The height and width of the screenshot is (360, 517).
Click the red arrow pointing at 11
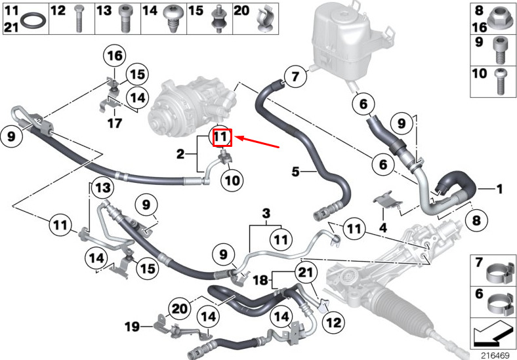coord(258,142)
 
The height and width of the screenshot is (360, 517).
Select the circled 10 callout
coord(232,180)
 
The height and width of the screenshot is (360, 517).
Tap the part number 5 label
coord(295,171)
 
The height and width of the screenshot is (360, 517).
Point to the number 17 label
coord(115,123)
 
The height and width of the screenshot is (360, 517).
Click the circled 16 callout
coord(115,56)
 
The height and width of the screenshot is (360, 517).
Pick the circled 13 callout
coord(102,188)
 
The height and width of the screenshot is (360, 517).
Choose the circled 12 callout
coord(333,322)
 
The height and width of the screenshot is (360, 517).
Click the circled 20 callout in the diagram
coord(180,309)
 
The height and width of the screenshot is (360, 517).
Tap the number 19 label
coord(132,327)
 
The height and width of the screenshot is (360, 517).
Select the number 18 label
coord(260,280)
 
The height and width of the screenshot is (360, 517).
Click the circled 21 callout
coord(306,273)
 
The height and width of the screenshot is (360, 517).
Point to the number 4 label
coord(383,228)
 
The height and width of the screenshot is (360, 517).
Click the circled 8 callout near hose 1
coord(476,220)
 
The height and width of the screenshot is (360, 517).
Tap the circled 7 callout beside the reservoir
coord(295,77)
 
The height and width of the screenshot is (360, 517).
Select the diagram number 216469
coord(495,355)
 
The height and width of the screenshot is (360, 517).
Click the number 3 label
coord(266,213)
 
